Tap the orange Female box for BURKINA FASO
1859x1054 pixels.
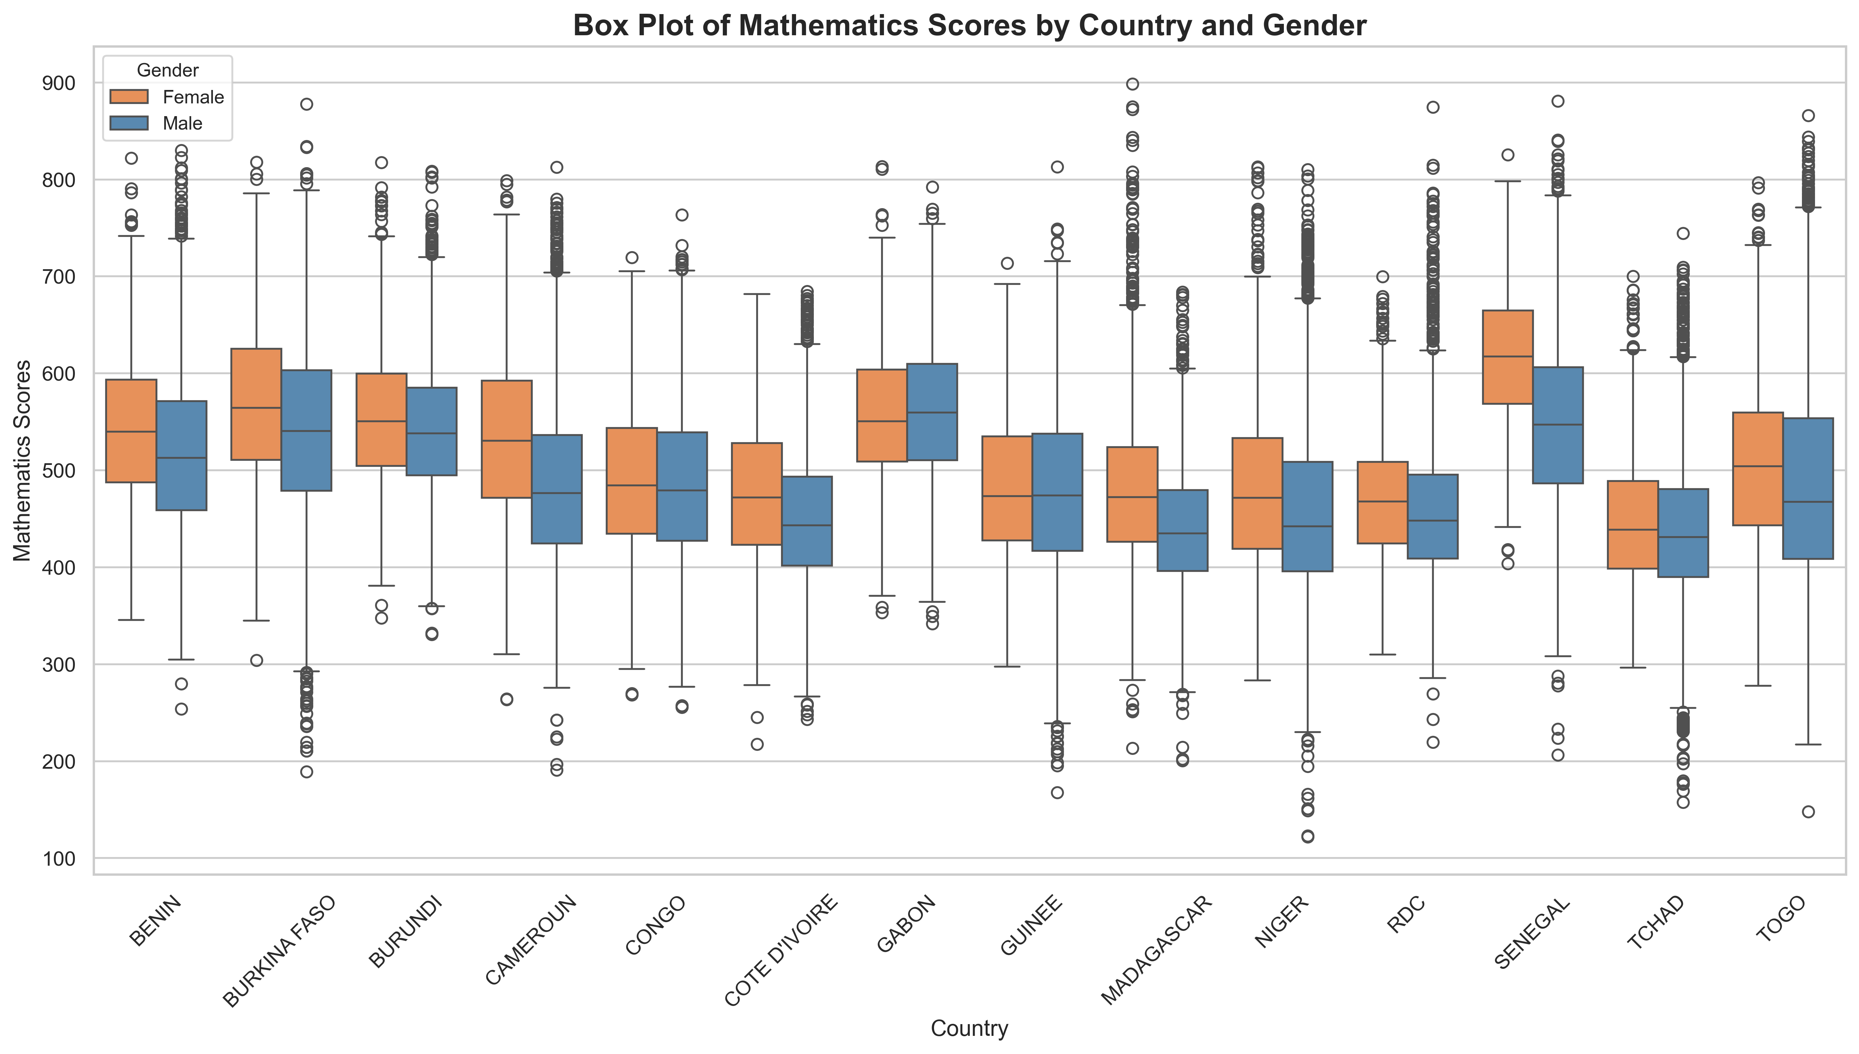point(256,404)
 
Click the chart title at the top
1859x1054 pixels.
point(969,25)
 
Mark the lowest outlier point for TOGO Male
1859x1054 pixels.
point(1808,812)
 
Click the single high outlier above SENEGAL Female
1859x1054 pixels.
point(1508,155)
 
